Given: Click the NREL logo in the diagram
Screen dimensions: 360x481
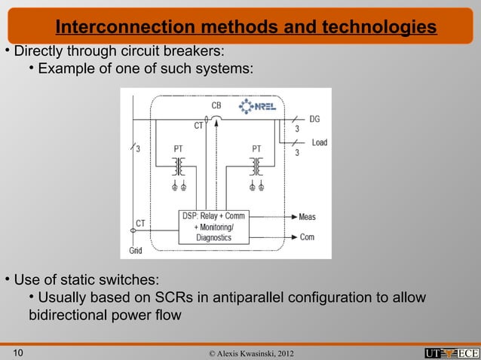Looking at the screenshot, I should point(257,107).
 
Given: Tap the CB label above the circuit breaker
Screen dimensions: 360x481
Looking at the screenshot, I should point(216,105).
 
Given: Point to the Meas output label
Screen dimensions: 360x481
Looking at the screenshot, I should point(307,217).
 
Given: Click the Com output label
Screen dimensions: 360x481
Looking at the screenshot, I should point(307,236).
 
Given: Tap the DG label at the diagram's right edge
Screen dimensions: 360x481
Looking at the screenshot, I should point(314,119).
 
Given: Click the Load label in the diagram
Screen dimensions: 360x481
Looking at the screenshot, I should point(319,142).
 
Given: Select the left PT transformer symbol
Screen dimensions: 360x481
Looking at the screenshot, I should point(179,166).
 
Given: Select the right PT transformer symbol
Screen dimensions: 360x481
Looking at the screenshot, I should point(256,166).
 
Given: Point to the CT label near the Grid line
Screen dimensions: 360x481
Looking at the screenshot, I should point(140,223).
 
